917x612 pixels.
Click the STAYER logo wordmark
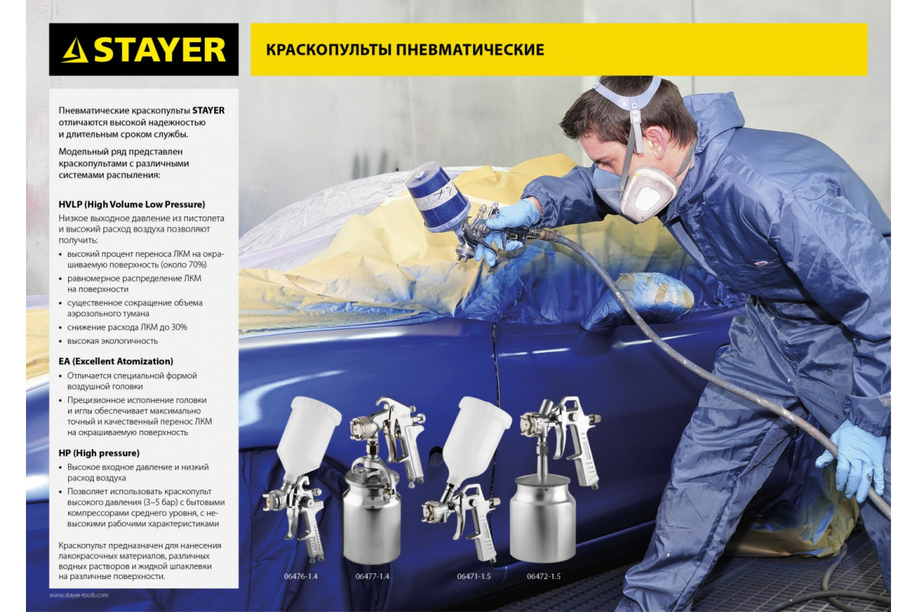coord(160,50)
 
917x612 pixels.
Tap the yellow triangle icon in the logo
coord(75,50)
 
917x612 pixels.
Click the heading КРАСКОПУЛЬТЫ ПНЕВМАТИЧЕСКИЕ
coord(405,50)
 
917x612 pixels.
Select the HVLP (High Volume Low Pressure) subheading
coord(131,204)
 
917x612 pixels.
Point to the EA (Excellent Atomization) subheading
coord(116,361)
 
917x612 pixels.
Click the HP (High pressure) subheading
coord(99,453)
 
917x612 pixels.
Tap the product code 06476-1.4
coord(301,576)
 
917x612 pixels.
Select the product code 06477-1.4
coord(372,576)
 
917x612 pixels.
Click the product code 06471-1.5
coord(474,576)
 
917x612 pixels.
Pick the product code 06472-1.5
coord(543,576)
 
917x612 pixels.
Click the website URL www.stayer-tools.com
coord(79,595)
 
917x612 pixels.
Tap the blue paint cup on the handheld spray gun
coord(438,197)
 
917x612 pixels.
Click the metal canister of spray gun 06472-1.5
coord(543,519)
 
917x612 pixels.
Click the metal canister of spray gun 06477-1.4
coord(372,516)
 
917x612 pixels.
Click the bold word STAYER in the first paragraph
coord(209,110)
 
